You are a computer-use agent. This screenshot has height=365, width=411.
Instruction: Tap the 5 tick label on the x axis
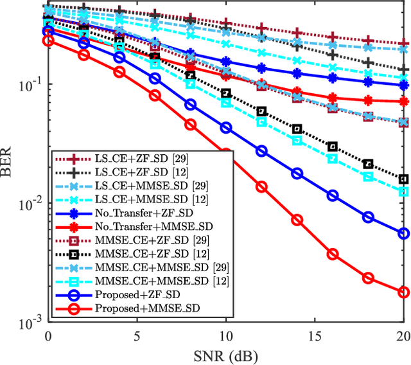click(137, 335)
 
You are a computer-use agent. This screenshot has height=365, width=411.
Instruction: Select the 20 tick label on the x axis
click(403, 335)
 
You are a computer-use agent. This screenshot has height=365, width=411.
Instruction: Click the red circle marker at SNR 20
click(403, 292)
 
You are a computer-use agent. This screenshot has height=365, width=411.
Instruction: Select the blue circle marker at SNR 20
click(403, 233)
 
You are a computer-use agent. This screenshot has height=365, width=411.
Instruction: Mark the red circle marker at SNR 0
click(48, 40)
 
